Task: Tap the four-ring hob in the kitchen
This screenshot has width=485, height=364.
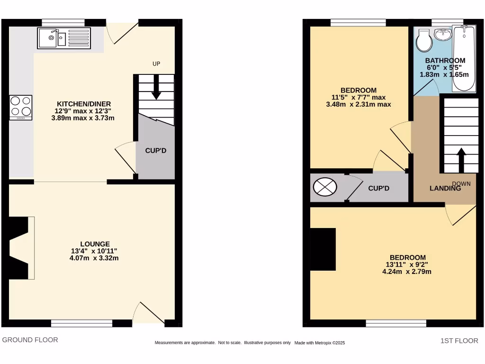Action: tap(21, 107)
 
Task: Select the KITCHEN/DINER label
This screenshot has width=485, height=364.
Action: tap(84, 104)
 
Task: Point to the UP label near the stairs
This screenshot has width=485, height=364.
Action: tap(156, 64)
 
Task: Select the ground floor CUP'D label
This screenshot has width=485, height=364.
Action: tap(155, 151)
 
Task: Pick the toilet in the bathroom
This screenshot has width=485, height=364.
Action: tap(424, 41)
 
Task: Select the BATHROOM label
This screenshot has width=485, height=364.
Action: tap(445, 61)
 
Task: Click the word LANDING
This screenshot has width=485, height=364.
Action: tap(445, 188)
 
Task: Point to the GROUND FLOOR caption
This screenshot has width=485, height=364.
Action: tap(30, 340)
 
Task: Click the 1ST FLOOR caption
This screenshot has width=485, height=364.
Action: tap(459, 341)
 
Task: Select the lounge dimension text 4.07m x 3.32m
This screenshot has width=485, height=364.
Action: tap(94, 258)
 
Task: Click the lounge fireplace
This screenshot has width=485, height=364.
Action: tap(20, 248)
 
